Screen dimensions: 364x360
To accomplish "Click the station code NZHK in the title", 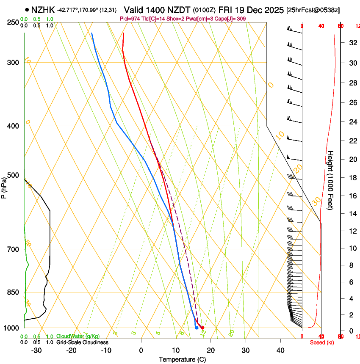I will pyautogui.click(x=44, y=9).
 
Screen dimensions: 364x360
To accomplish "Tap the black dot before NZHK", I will pyautogui.click(x=27, y=9).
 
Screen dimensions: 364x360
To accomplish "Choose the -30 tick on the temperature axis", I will pyautogui.click(x=36, y=350).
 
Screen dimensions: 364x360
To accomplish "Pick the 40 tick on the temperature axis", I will pyautogui.click(x=280, y=350).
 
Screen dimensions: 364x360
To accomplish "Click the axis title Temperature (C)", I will pyautogui.click(x=182, y=359).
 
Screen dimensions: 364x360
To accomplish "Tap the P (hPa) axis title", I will pyautogui.click(x=4, y=186).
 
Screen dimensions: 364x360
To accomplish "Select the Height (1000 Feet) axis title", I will pyautogui.click(x=331, y=182).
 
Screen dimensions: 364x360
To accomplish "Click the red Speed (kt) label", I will pyautogui.click(x=321, y=342).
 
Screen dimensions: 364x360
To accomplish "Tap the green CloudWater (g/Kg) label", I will pyautogui.click(x=78, y=336).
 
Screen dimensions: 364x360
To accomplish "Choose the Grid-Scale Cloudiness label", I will pyautogui.click(x=82, y=342).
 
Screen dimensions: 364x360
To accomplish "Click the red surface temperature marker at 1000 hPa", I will pyautogui.click(x=203, y=328).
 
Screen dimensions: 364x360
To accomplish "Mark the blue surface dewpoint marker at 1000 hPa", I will pyautogui.click(x=197, y=328).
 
